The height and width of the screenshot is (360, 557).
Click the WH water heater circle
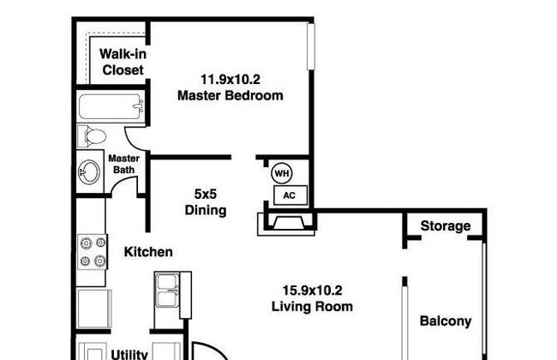pyautogui.click(x=282, y=173)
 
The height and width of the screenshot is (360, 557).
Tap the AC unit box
pyautogui.click(x=290, y=195)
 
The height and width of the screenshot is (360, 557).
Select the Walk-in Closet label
pyautogui.click(x=123, y=62)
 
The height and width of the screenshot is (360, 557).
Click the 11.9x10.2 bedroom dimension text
pyautogui.click(x=231, y=79)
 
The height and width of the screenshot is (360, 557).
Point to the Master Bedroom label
pyautogui.click(x=231, y=95)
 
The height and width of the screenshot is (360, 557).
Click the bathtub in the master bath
pyautogui.click(x=111, y=106)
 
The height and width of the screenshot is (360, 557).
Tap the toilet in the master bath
pyautogui.click(x=92, y=136)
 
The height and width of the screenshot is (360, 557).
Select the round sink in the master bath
pyautogui.click(x=89, y=172)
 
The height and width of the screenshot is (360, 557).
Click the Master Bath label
pyautogui.click(x=123, y=164)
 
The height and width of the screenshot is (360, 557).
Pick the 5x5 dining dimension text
pyautogui.click(x=206, y=194)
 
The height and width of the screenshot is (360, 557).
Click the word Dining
pyautogui.click(x=206, y=210)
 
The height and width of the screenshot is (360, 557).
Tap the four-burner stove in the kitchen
pyautogui.click(x=93, y=252)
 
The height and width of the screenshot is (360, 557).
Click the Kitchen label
pyautogui.click(x=148, y=252)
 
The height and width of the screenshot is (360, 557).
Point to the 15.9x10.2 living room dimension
pyautogui.click(x=312, y=291)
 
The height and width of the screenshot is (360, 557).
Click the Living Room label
pyautogui.click(x=312, y=306)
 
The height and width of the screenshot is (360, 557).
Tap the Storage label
pyautogui.click(x=446, y=226)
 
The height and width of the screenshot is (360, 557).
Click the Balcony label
pyautogui.click(x=446, y=321)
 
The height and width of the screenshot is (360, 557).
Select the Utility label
pyautogui.click(x=129, y=354)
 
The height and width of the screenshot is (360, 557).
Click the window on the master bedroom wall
pyautogui.click(x=311, y=46)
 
